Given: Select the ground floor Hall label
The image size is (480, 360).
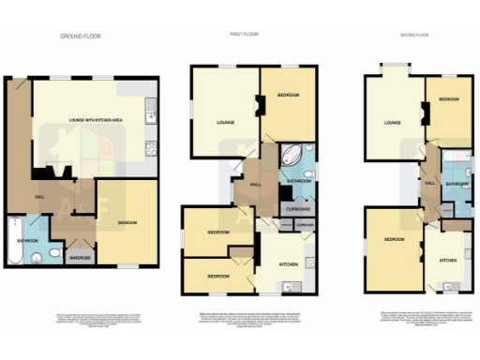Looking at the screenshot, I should point(40,197).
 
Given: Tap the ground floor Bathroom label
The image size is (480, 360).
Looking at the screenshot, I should point(27,242).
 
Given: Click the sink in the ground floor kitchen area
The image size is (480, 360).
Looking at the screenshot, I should point(149,118).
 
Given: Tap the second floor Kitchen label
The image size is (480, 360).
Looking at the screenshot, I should point(448,259).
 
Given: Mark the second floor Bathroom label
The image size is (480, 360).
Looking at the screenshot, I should point(457,185).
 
